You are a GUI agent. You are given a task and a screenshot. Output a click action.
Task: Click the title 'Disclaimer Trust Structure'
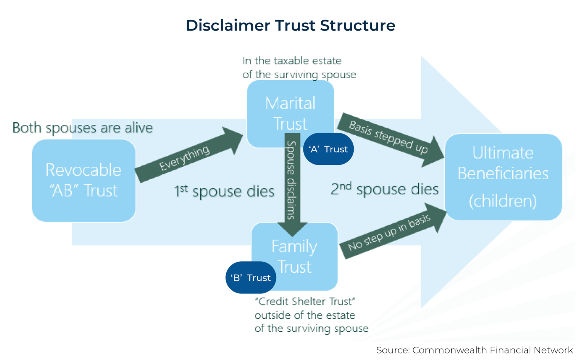point(290,25)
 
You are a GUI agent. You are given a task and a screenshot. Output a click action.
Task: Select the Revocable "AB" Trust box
point(84,180)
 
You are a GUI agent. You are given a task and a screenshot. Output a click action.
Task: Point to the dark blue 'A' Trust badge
point(328,149)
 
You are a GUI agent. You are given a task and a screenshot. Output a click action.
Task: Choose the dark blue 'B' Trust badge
point(250,278)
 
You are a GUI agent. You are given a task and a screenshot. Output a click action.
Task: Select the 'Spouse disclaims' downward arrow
point(292,182)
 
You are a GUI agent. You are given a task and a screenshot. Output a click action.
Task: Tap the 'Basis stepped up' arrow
point(390,138)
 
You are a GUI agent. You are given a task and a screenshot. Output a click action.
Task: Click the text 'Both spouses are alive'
point(82,128)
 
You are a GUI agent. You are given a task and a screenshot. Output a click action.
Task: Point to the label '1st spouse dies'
point(224,191)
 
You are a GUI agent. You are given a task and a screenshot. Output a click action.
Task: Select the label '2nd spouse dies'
point(384,189)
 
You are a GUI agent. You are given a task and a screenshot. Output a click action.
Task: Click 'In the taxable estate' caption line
point(292,61)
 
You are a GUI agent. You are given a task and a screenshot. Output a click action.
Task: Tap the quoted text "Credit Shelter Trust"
point(305,301)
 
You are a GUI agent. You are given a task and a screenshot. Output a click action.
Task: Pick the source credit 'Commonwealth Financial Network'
point(492,350)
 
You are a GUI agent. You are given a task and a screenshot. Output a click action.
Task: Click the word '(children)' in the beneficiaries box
point(503,200)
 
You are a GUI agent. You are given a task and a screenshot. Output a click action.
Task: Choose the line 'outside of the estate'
point(305,315)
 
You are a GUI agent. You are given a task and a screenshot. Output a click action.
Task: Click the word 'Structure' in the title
point(357,25)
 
